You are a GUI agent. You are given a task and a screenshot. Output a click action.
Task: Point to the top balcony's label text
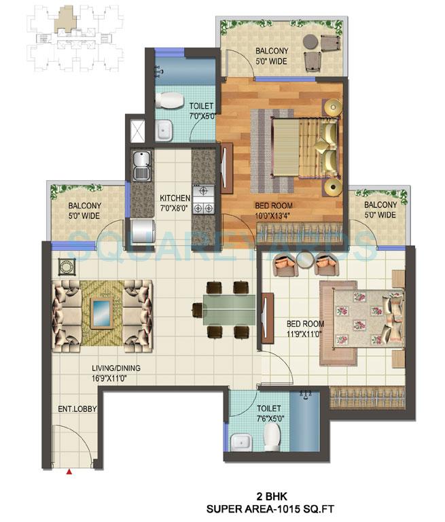[x=271, y=56]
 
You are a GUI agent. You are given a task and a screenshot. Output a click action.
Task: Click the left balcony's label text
[x=84, y=211]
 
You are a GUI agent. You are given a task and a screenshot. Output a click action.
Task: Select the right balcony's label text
[x=380, y=210]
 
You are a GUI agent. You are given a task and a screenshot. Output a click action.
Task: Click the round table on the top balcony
[x=311, y=43]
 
